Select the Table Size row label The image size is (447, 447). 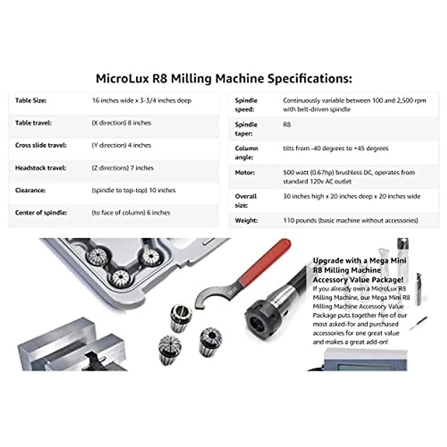coord(31,101)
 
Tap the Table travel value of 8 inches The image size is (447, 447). coord(121,123)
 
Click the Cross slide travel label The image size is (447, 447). coord(41,145)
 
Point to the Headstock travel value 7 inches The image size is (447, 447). coord(123,168)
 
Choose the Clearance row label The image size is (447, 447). coord(30,190)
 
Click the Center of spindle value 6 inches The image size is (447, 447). coord(131,213)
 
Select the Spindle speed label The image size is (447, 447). coord(246,105)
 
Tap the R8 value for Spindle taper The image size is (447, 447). coord(287,125)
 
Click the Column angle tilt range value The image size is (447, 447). coord(335,148)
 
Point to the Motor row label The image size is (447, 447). coord(245,172)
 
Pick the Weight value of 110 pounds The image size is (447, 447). coord(350,221)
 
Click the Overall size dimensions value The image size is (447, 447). coord(351,196)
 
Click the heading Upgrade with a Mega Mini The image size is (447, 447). coord(359,261)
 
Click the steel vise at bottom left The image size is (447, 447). coord(71,346)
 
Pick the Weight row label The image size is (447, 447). coord(246,221)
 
